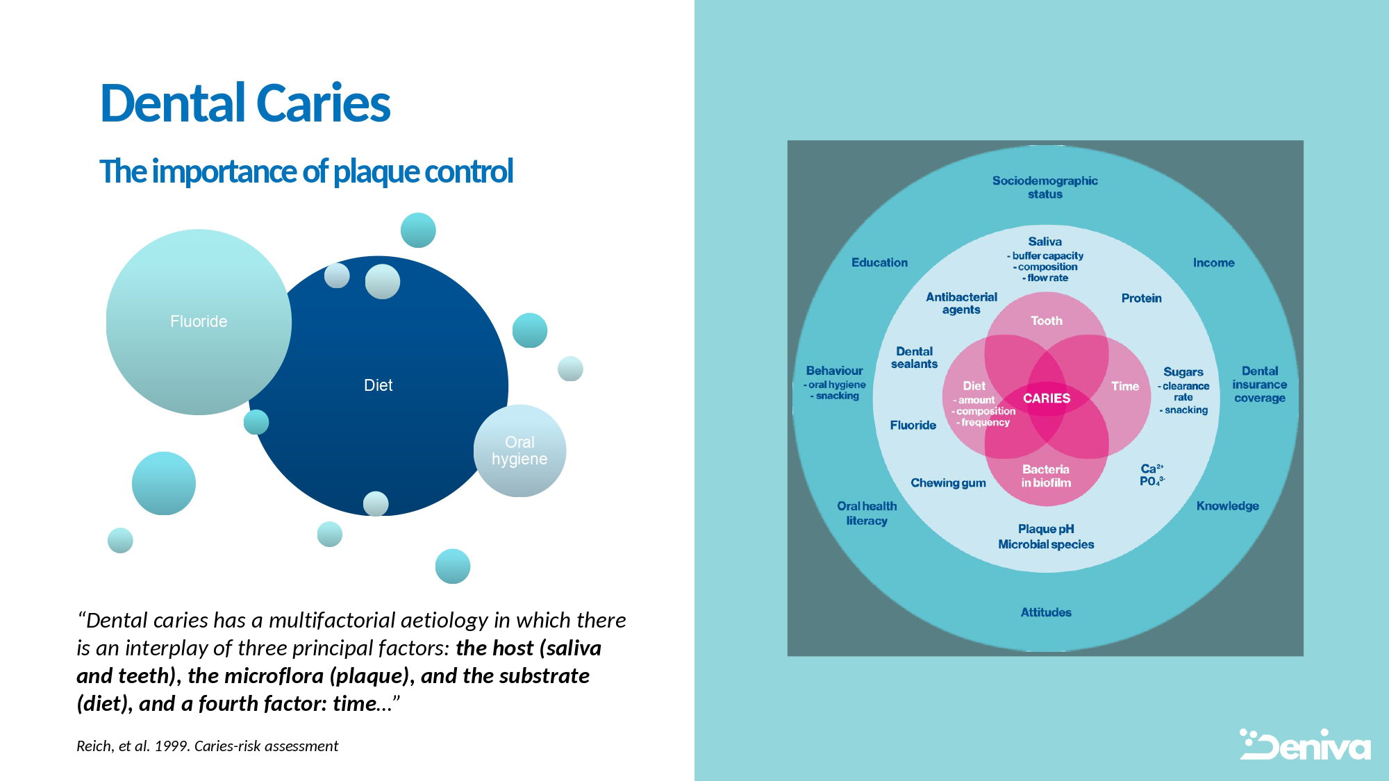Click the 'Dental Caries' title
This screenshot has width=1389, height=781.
(x=245, y=103)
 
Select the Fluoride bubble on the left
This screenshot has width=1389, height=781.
(x=199, y=321)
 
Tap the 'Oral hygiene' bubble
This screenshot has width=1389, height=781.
(x=519, y=451)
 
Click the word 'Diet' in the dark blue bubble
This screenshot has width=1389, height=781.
(x=379, y=385)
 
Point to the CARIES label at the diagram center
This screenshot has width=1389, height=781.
(x=1047, y=398)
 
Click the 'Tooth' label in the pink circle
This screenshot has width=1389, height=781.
(x=1047, y=321)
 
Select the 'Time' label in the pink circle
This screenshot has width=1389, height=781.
(x=1125, y=386)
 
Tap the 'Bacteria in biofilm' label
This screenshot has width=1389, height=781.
(x=1046, y=476)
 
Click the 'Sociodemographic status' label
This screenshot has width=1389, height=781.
(x=1045, y=187)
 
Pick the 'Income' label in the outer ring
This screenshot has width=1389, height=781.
(x=1214, y=262)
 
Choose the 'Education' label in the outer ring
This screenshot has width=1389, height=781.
(x=880, y=262)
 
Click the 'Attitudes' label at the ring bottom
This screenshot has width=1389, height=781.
(x=1046, y=612)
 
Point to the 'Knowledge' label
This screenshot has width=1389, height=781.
(x=1228, y=506)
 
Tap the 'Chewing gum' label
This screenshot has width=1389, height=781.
(x=948, y=483)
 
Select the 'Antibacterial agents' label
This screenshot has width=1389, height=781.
(x=961, y=303)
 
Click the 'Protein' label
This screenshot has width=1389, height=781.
(x=1142, y=298)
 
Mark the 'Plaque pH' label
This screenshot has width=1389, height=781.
(x=1046, y=529)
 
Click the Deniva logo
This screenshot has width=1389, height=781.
(x=1306, y=744)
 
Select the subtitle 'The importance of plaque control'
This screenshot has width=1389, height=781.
(x=306, y=171)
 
